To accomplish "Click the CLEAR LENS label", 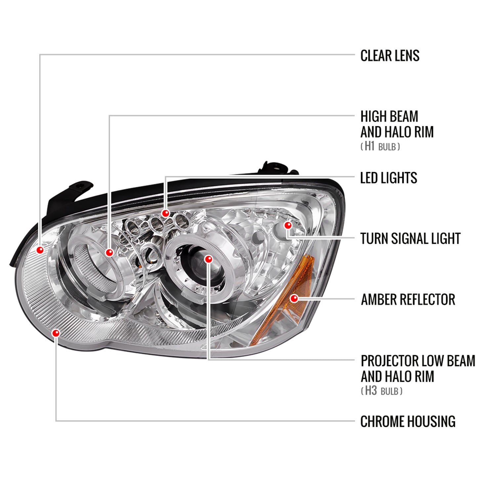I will pyautogui.click(x=390, y=56).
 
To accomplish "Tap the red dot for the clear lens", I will pyautogui.click(x=40, y=250).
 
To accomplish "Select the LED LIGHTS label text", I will pyautogui.click(x=388, y=178).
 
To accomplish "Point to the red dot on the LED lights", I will pyautogui.click(x=166, y=213).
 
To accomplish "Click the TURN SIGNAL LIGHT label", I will pyautogui.click(x=410, y=239).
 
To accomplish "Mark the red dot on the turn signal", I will pyautogui.click(x=288, y=225).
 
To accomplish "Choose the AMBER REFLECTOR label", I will pyautogui.click(x=408, y=300).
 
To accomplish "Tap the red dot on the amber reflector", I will pyautogui.click(x=294, y=299).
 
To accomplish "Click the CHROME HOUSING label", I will pyautogui.click(x=408, y=422).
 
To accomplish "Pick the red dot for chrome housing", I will pyautogui.click(x=56, y=333).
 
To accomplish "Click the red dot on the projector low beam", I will pyautogui.click(x=208, y=259).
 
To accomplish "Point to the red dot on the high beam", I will pyautogui.click(x=109, y=253).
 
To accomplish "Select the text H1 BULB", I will pyautogui.click(x=380, y=146).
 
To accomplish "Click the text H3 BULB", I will pyautogui.click(x=382, y=391).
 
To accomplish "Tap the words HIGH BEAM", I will pyautogui.click(x=389, y=117).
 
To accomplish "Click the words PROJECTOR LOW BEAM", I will pyautogui.click(x=418, y=361).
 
